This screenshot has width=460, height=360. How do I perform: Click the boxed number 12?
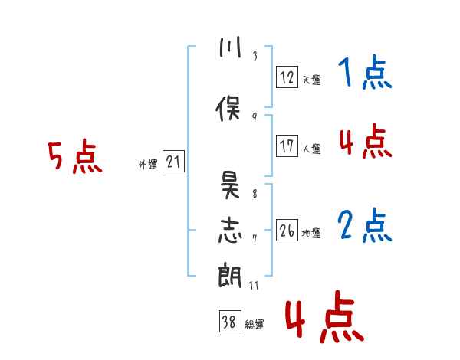[287, 77]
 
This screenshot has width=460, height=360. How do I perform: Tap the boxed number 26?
[287, 230]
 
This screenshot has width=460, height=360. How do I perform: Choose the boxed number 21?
[173, 162]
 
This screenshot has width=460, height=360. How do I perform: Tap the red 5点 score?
[74, 158]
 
